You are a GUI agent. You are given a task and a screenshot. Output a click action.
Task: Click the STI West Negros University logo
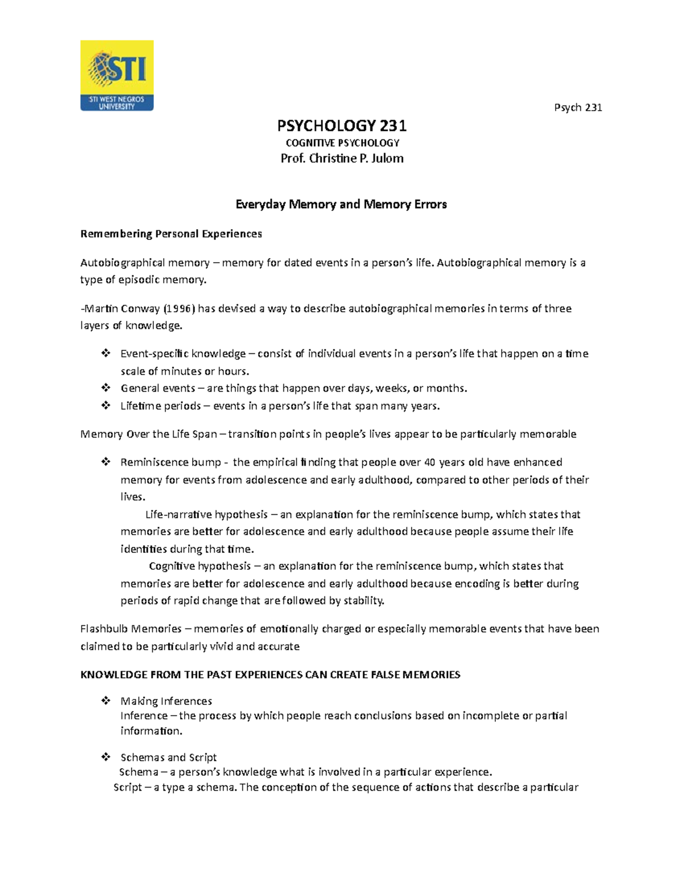[117, 75]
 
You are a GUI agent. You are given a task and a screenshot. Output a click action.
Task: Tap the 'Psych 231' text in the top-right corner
[578, 108]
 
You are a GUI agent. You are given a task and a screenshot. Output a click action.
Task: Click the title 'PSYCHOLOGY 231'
[341, 125]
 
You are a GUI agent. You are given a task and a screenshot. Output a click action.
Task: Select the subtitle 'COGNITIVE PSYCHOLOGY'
[342, 142]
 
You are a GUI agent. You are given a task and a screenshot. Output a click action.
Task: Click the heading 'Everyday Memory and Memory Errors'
[341, 204]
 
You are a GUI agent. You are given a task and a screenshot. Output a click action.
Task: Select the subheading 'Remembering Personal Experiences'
[171, 234]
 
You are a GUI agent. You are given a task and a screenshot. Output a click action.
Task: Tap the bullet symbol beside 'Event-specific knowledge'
[105, 354]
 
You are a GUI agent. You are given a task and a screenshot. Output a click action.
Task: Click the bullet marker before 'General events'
[105, 388]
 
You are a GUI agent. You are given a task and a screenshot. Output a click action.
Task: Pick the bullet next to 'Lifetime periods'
[105, 406]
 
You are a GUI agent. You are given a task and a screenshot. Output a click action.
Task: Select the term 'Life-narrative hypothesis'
[206, 515]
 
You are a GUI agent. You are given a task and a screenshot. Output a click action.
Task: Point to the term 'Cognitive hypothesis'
[199, 566]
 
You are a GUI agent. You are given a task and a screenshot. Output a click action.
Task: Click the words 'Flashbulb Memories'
[131, 629]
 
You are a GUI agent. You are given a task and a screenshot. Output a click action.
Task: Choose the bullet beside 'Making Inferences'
[105, 701]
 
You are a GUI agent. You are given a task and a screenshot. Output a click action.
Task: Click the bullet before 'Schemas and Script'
[105, 757]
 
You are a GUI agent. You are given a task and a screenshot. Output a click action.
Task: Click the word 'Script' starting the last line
[128, 788]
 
